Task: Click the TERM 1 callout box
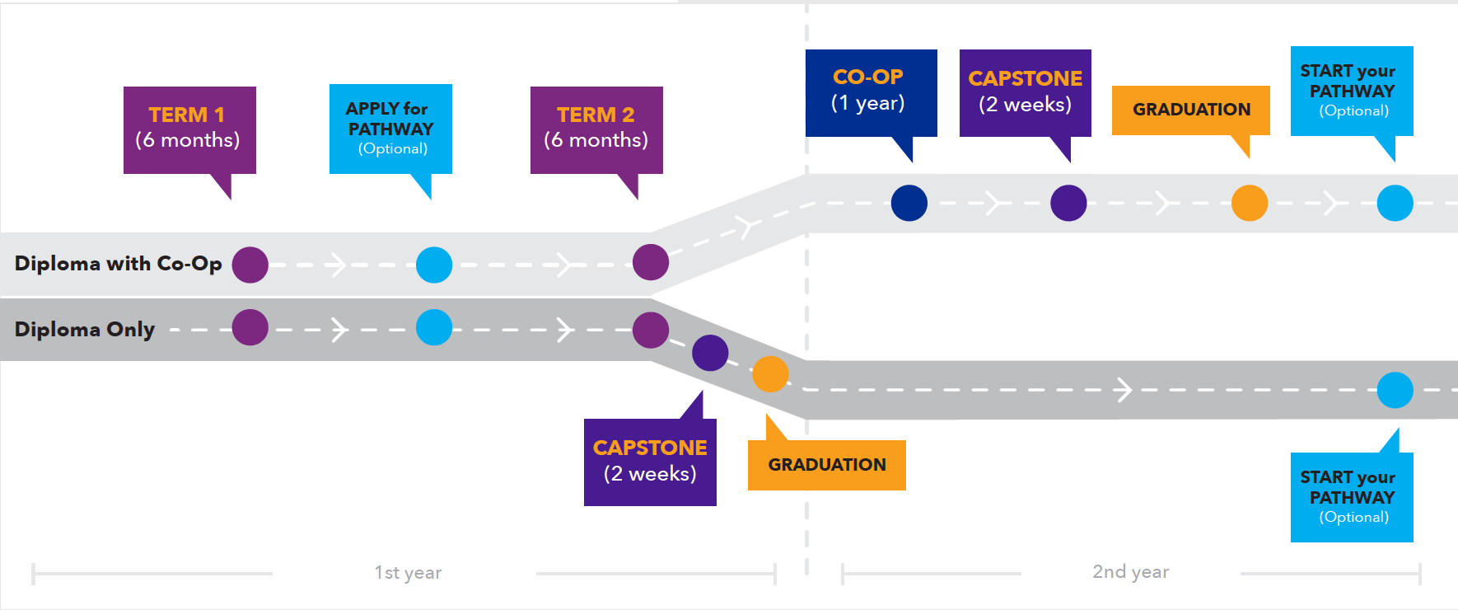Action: coord(189,129)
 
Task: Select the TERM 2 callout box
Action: coord(596,129)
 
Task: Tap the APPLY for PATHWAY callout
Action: coord(390,129)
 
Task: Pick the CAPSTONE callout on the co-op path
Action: coord(1025,92)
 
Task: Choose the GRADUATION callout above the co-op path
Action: coord(1190,110)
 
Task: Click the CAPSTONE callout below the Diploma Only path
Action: coord(650,462)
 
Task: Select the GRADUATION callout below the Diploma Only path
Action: coord(826,465)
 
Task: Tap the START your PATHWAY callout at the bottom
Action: coord(1352,497)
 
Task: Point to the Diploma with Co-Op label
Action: coord(118,264)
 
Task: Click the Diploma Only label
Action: coord(85,330)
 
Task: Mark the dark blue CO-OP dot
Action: coord(909,203)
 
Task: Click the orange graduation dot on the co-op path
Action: coord(1250,203)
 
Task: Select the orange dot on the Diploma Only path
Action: coord(770,374)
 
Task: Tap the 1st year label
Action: coord(408,573)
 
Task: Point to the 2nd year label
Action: coord(1130,572)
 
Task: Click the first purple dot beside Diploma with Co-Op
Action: coord(250,265)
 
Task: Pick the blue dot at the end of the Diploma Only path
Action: coord(1395,390)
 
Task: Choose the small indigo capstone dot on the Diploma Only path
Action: coord(710,353)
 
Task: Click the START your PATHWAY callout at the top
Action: coord(1352,91)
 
